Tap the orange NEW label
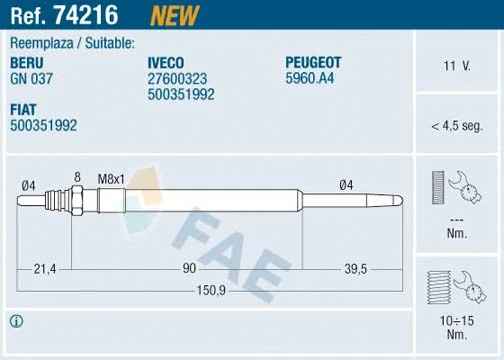coord(173,14)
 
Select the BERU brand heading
coord(28,62)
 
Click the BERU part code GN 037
coord(33,78)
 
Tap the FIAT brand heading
coord(25,109)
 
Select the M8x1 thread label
coord(110,178)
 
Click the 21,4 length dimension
coord(44,269)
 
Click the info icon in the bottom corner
coord(15,321)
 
